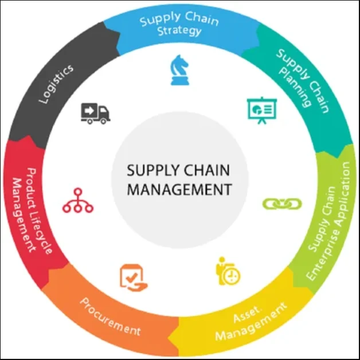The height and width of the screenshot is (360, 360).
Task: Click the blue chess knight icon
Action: pos(180,70)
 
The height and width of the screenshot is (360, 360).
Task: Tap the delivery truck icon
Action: pos(95,113)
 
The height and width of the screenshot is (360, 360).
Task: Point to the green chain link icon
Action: pos(277,204)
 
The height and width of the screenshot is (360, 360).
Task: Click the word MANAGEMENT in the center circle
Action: pos(179,189)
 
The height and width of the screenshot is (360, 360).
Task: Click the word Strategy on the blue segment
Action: pos(179,31)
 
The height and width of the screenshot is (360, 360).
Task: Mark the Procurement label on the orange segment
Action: pos(110,316)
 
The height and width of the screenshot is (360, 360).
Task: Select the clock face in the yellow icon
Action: pos(232,276)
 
